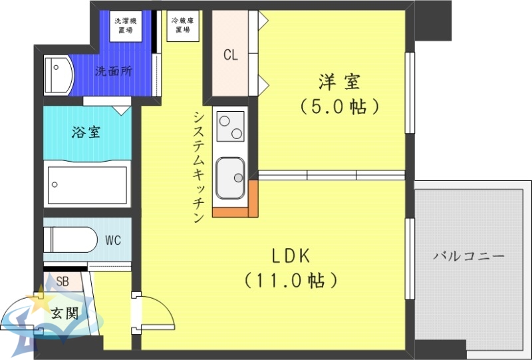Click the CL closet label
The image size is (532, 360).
[231, 55]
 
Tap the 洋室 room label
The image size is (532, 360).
[339, 83]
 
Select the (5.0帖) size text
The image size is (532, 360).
[339, 106]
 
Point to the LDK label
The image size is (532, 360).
[291, 256]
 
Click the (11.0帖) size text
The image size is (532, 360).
[291, 280]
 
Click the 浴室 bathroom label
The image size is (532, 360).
[86, 132]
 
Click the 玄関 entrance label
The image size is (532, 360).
[65, 312]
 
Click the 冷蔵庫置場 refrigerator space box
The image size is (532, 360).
[182, 26]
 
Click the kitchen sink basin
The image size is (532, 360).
[230, 176]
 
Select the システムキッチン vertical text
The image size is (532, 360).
[198, 166]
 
